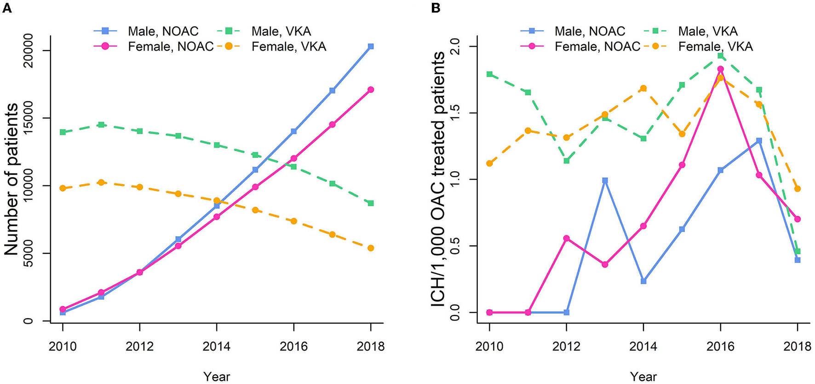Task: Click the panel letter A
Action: click(7, 8)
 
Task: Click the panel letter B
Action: click(435, 8)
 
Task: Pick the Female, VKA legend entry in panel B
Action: click(715, 47)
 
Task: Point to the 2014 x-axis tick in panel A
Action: click(217, 346)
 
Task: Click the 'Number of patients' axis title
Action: click(11, 180)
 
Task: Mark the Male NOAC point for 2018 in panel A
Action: click(371, 47)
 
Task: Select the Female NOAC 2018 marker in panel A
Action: click(371, 90)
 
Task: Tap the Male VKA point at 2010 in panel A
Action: click(63, 132)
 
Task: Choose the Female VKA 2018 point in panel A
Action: click(371, 248)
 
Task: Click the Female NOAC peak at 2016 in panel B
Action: click(720, 69)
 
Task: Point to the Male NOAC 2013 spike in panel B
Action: click(605, 180)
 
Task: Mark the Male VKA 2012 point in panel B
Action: click(567, 161)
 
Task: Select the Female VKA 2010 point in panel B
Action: click(489, 163)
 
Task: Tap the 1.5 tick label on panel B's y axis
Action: click(457, 113)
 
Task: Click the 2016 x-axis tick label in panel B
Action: click(720, 346)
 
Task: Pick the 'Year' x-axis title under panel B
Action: click(643, 376)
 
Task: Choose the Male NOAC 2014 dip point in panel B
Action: click(643, 281)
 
